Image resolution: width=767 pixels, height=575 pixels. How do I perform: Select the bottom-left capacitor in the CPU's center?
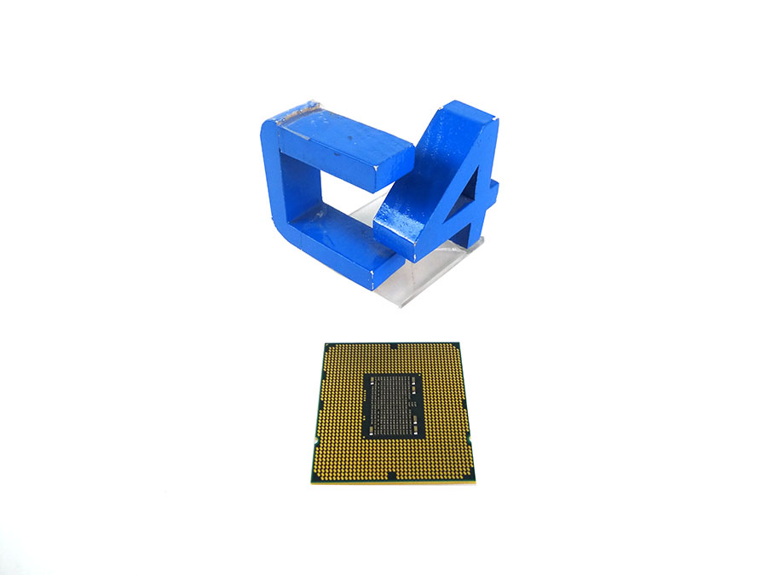372,426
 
